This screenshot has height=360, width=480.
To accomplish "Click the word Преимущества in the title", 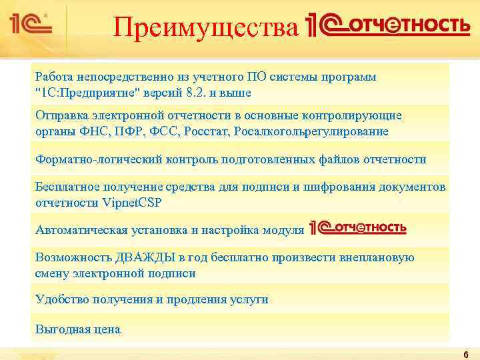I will tap(205, 28).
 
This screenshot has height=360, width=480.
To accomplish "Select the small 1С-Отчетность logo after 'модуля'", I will tap(358, 229).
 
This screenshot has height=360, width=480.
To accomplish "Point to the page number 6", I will tap(465, 354).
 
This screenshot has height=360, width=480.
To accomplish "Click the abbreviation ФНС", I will tap(88, 131).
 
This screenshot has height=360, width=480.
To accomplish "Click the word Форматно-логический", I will tap(89, 159).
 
